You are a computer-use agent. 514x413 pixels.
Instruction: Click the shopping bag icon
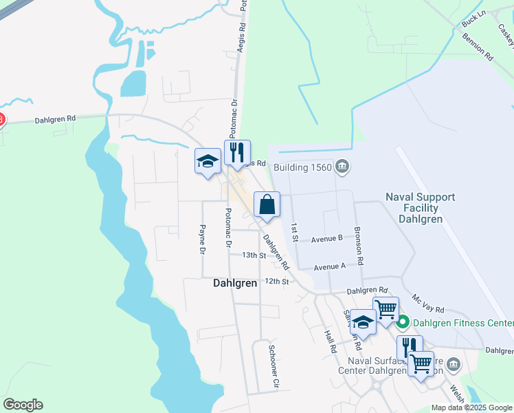click(267, 205)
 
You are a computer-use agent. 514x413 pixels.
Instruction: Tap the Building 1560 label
click(303, 167)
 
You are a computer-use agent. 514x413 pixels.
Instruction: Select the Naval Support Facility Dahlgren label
click(420, 208)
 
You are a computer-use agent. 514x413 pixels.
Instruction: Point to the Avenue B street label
click(326, 239)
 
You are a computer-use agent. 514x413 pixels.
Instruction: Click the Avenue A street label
click(330, 267)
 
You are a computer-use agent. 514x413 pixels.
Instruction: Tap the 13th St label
click(253, 255)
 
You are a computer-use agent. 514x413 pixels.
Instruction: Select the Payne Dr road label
click(203, 240)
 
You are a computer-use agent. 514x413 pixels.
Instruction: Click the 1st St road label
click(294, 232)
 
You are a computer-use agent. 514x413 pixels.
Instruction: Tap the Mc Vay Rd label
click(428, 304)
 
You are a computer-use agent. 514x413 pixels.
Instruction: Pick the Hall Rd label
click(331, 340)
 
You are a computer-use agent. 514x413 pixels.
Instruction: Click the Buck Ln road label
click(474, 19)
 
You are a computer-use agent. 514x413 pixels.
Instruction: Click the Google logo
click(23, 405)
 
